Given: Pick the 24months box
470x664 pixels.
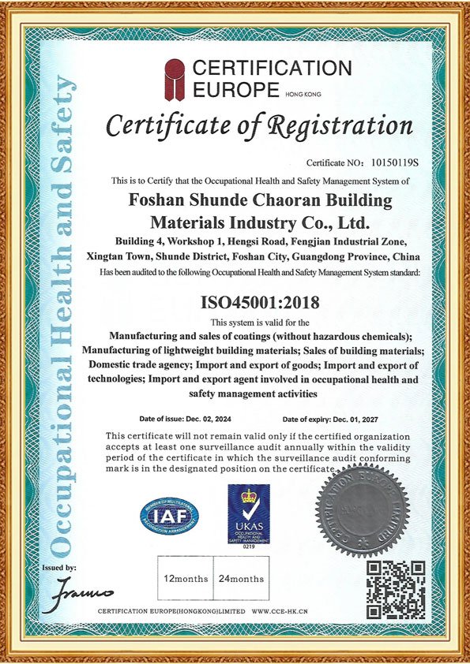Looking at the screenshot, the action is [x=241, y=579].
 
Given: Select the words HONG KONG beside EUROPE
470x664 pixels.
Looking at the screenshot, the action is [x=303, y=94].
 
